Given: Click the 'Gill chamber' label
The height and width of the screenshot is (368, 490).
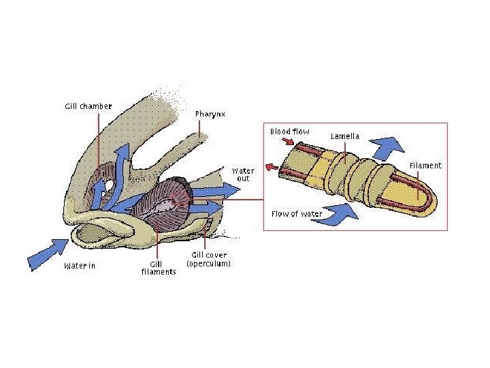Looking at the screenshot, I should (88, 106).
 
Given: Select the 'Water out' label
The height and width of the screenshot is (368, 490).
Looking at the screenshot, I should (243, 174).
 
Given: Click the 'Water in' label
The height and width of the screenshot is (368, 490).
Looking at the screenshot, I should (79, 266).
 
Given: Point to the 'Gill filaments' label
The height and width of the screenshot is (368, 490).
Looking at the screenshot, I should (159, 268).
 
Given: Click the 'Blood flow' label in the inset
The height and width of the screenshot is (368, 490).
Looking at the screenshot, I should (289, 132).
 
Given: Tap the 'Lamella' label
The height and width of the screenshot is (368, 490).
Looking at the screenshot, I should (345, 136).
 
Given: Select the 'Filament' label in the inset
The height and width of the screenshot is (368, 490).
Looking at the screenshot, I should (425, 166).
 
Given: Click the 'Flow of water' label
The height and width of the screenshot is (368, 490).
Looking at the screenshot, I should (297, 214).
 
